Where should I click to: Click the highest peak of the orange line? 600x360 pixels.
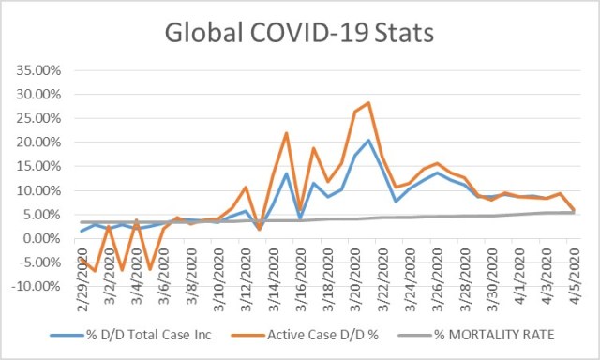click(368, 103)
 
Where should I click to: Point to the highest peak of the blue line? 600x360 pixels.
click(368, 141)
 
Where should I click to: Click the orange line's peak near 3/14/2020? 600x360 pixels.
click(286, 133)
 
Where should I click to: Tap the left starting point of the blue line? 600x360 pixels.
click(82, 231)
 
